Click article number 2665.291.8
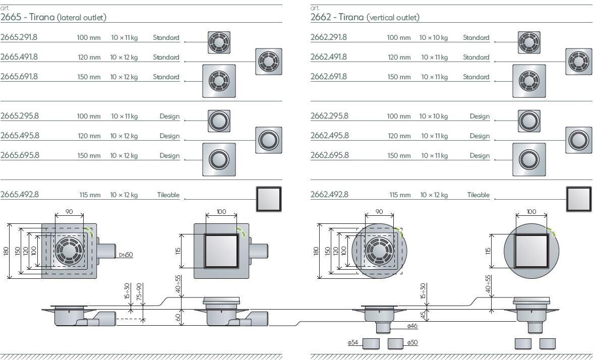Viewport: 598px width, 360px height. tap(19, 37)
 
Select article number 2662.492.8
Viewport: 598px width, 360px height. tap(329, 195)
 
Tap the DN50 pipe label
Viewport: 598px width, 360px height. tap(126, 255)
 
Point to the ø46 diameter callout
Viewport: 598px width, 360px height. tap(412, 326)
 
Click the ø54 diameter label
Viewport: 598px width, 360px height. tap(352, 343)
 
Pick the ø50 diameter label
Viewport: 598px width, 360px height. tap(412, 343)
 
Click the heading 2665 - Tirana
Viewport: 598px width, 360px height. tap(53, 17)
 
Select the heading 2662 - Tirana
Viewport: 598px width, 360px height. tap(365, 17)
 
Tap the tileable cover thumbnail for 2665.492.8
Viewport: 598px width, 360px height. tap(268, 199)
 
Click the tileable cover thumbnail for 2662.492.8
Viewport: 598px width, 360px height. tap(578, 199)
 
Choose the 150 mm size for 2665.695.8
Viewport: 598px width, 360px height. tap(89, 156)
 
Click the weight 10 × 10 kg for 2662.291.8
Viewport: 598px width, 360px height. tap(434, 38)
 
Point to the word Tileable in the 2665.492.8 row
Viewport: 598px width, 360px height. tap(168, 195)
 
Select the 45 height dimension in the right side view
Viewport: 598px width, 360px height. tap(423, 315)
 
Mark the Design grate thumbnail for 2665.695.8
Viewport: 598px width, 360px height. tap(219, 159)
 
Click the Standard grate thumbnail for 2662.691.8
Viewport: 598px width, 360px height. tap(529, 81)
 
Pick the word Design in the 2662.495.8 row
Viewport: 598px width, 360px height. tap(480, 136)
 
